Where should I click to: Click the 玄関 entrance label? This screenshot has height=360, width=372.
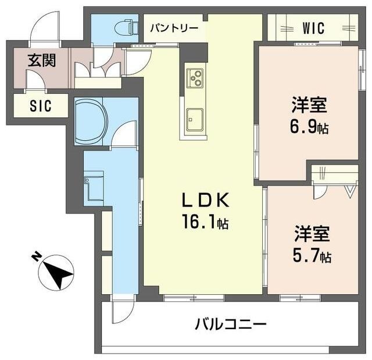(x=41, y=60)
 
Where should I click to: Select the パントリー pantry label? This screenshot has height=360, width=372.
(x=174, y=28)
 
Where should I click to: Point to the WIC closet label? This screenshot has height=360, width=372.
(x=313, y=28)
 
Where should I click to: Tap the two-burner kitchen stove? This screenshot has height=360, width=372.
(x=195, y=77)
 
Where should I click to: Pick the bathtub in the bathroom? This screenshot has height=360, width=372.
(x=91, y=120)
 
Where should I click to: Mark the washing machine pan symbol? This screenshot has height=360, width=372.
(x=93, y=187)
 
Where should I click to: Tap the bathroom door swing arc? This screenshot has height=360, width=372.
(x=123, y=137)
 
